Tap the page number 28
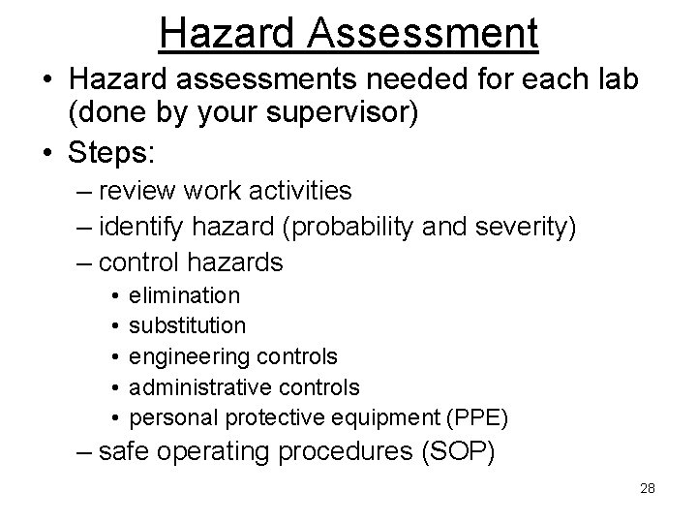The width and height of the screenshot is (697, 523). [x=648, y=488]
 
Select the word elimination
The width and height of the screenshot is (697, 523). [x=185, y=294]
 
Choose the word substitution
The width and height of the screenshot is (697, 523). [x=188, y=325]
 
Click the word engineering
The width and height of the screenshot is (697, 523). [x=191, y=357]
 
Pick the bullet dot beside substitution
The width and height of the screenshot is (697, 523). [x=114, y=325]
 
